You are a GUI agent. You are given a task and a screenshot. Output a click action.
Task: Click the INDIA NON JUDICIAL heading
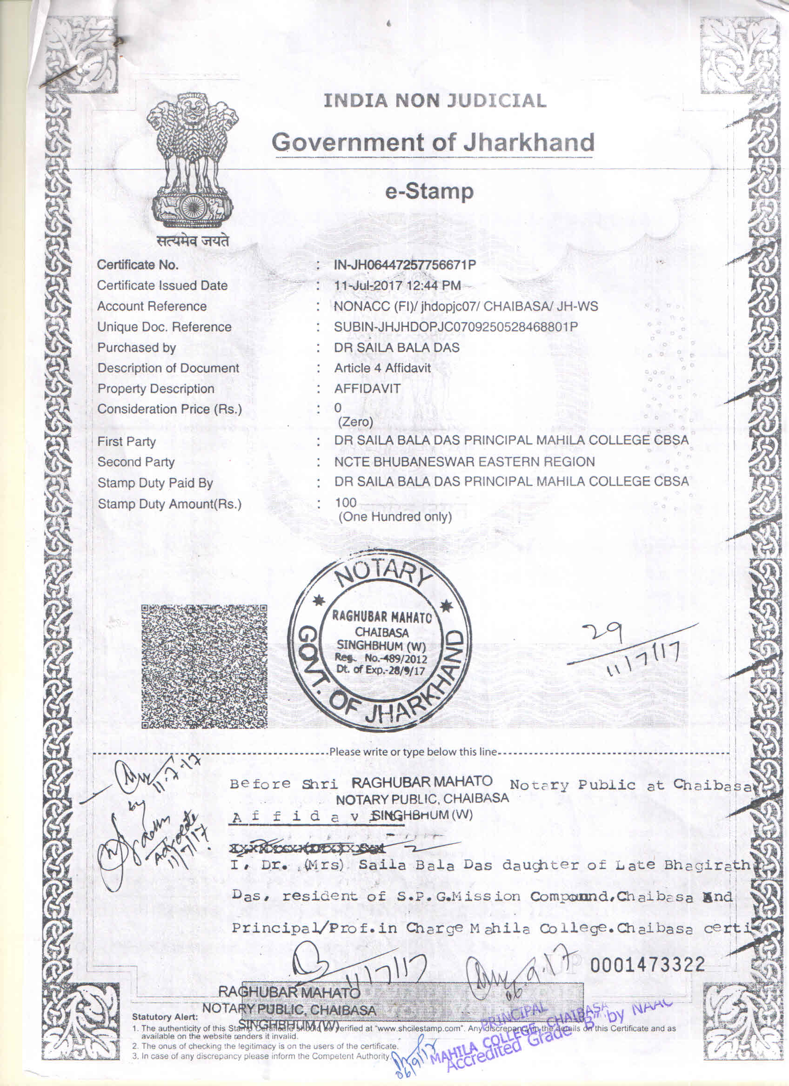[435, 101]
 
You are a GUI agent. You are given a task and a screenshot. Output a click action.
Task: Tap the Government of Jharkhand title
[433, 142]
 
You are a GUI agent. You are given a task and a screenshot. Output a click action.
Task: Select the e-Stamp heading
[429, 192]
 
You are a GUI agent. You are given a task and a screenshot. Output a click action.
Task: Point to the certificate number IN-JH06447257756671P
[405, 265]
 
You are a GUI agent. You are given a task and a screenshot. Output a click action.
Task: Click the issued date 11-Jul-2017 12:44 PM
[397, 285]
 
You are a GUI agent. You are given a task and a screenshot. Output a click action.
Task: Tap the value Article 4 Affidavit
[382, 368]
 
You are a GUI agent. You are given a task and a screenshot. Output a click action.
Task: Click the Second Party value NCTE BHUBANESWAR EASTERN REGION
[464, 462]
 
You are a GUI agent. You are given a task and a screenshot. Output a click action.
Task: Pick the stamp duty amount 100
[345, 502]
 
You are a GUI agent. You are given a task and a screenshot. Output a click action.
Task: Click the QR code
[204, 666]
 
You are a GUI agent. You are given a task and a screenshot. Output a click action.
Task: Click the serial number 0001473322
[647, 965]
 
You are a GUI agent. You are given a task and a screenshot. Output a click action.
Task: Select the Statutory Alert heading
[164, 1017]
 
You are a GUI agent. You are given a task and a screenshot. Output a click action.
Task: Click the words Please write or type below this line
[413, 752]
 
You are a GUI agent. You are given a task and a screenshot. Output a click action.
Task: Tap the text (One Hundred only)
[395, 517]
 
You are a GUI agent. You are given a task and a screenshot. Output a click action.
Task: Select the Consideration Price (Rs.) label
[170, 409]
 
